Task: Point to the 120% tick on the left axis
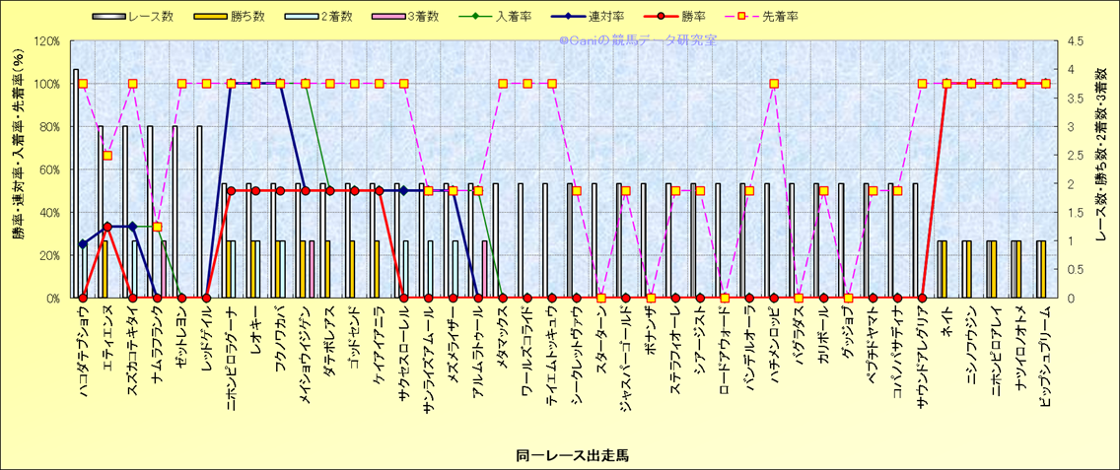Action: [46, 41]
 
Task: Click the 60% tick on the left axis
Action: [49, 169]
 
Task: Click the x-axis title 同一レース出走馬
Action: [559, 455]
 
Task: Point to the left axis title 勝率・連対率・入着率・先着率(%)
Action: [17, 169]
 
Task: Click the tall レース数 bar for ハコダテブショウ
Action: [76, 183]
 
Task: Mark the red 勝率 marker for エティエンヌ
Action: [107, 227]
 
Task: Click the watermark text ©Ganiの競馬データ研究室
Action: [638, 41]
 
